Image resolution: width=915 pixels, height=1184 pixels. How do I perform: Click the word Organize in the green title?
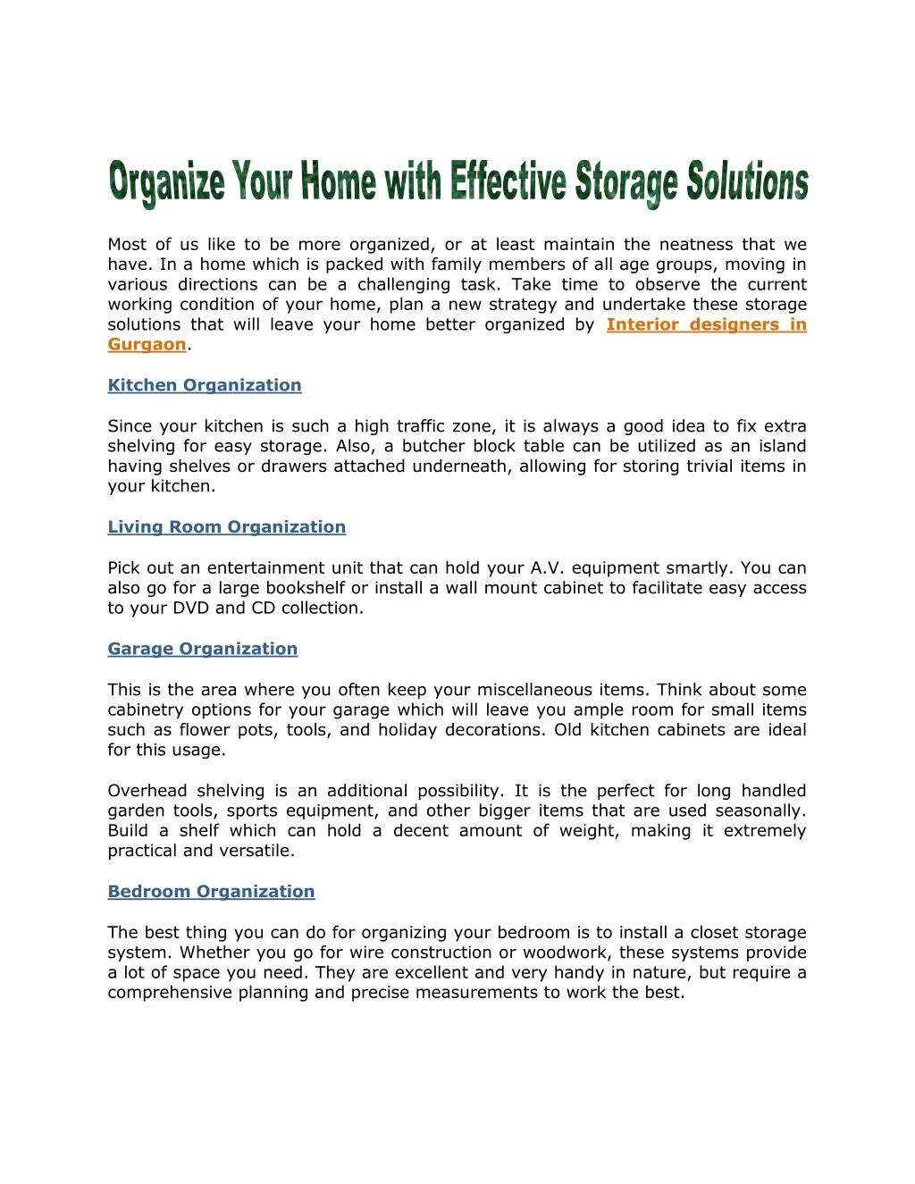point(166,183)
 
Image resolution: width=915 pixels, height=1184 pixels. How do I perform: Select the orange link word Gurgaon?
point(147,345)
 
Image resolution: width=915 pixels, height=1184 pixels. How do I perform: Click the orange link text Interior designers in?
point(706,324)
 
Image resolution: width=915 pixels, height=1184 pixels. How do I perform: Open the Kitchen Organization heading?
point(205,385)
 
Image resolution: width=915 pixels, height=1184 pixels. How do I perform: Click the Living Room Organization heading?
point(226,527)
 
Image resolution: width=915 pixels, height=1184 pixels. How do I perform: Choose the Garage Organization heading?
point(202,649)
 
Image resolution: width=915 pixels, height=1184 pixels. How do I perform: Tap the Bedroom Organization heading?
point(211,891)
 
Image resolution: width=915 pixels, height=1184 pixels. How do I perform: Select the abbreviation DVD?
point(190,608)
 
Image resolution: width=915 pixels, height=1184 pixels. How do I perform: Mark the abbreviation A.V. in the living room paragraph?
point(546,568)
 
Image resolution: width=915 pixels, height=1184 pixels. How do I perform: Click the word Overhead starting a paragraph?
point(147,791)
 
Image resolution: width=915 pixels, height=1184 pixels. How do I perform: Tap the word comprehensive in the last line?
point(170,993)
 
